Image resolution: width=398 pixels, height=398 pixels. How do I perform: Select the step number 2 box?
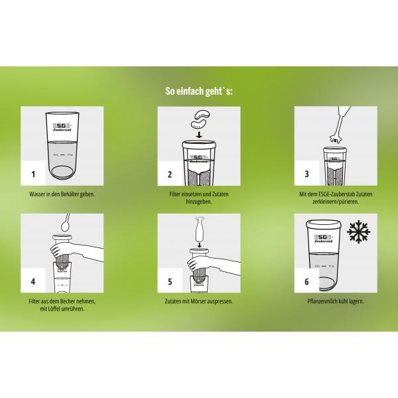tap(169, 174)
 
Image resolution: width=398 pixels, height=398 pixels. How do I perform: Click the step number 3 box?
tap(306, 174)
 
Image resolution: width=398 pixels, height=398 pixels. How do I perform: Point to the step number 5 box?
tap(169, 281)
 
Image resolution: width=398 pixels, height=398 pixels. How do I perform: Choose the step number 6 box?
tap(306, 281)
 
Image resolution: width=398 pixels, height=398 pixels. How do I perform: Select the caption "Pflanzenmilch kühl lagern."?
tap(336, 302)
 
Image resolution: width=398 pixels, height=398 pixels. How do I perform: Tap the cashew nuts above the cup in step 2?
tap(199, 119)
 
